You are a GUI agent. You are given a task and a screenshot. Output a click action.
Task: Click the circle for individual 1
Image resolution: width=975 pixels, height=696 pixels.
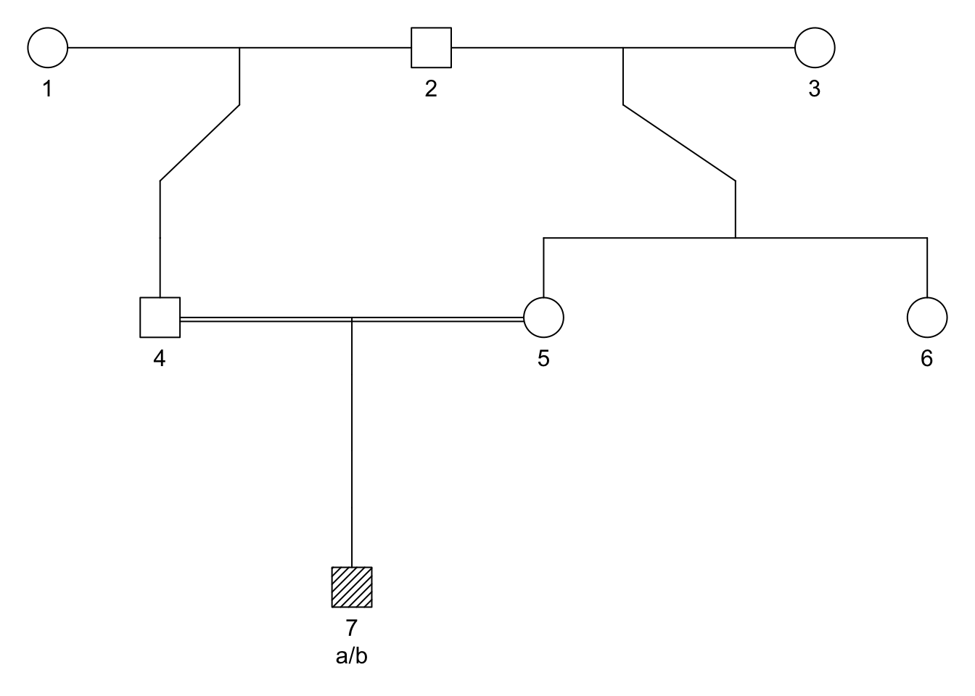[x=48, y=48]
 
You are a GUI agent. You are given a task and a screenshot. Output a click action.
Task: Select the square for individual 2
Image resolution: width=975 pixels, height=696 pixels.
[x=431, y=48]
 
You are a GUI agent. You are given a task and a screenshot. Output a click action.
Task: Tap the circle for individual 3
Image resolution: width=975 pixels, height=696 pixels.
[x=815, y=48]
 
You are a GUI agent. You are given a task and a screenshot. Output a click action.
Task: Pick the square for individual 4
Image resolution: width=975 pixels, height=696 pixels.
[x=160, y=318]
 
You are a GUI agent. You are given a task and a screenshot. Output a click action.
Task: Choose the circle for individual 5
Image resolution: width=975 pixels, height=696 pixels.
[x=543, y=318]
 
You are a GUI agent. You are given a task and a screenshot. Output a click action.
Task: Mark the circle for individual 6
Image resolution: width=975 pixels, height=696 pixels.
[x=927, y=318]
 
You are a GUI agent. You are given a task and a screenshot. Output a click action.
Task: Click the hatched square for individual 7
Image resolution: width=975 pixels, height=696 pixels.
[x=352, y=587]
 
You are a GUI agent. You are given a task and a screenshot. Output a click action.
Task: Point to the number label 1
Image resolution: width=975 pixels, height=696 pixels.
[x=48, y=89]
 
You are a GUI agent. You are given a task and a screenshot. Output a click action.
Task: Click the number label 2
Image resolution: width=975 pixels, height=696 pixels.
[x=431, y=89]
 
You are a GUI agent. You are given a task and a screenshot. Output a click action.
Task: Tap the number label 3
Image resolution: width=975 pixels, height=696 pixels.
[x=815, y=89]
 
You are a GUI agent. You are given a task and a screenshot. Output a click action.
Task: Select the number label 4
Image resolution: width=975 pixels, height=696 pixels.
[x=160, y=359]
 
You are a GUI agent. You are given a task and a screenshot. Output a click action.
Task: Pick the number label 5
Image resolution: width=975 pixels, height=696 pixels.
[x=543, y=359]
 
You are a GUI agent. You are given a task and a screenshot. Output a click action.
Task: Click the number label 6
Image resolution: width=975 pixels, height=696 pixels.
[x=927, y=359]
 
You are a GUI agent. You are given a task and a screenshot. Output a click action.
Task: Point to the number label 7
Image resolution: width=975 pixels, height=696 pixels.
[x=352, y=627]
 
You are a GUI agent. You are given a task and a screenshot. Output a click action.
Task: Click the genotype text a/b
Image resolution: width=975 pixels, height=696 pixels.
[x=352, y=657]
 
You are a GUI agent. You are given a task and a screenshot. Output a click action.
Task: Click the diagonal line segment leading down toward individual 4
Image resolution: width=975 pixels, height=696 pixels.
[x=199, y=143]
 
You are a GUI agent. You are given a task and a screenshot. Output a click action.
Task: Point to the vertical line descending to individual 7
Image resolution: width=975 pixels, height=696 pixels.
[x=352, y=442]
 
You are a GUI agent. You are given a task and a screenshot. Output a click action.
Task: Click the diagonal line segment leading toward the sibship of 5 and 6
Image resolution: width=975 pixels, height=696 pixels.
[x=680, y=143]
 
